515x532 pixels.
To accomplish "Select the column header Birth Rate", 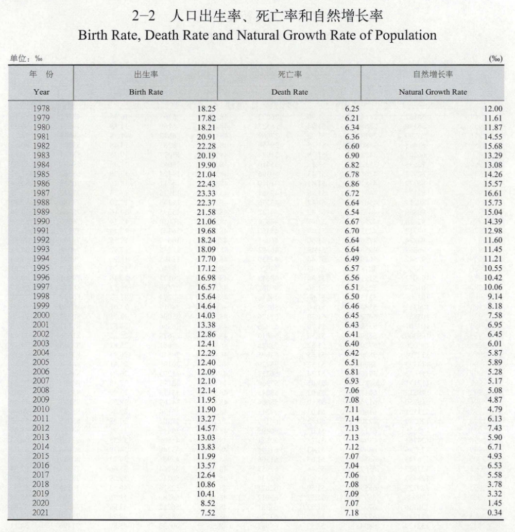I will click(x=146, y=92).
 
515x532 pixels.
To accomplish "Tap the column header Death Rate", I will click(x=289, y=92).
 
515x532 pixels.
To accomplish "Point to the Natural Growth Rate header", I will click(x=433, y=92).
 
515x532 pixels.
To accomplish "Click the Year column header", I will click(x=41, y=92).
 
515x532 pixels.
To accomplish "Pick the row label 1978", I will click(x=41, y=109).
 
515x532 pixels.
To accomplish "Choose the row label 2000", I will click(x=41, y=315).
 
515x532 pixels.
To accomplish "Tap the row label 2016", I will click(x=41, y=466).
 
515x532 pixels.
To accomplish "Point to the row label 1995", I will click(x=41, y=268).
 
